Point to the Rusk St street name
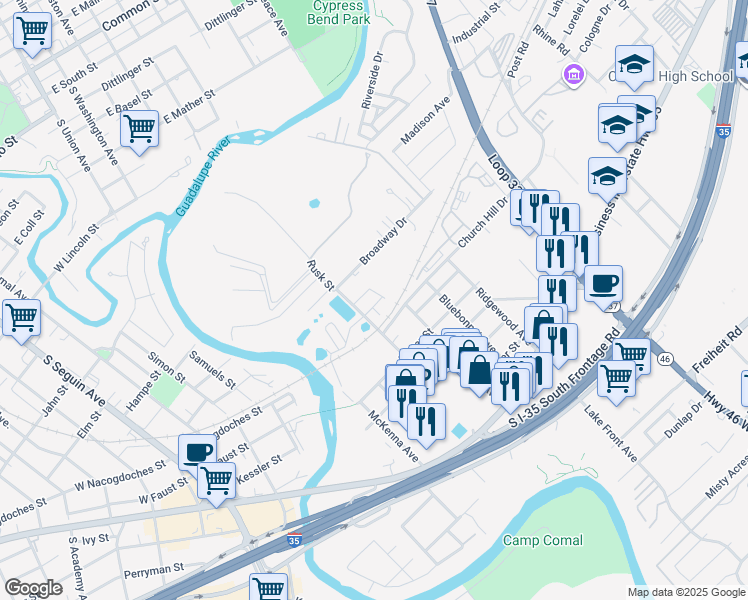click(320, 272)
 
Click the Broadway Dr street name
click(385, 241)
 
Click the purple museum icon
click(573, 74)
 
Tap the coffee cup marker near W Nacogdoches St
click(197, 450)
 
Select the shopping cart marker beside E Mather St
click(139, 128)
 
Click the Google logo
click(33, 589)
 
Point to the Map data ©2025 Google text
click(685, 591)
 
